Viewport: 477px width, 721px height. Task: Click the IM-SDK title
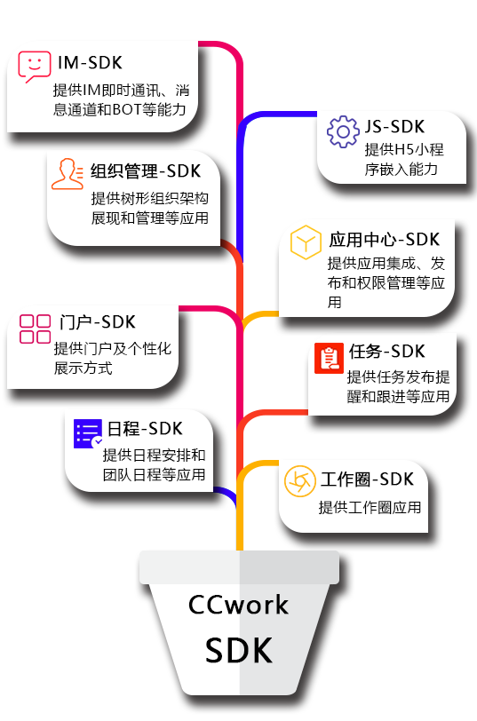coord(90,62)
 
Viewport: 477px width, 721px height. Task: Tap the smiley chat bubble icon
coord(35,67)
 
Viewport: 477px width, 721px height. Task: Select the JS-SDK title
coord(394,126)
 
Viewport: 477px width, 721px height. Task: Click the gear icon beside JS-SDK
coord(343,132)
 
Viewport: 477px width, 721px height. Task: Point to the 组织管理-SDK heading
coord(146,171)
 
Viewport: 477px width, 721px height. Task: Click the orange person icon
coord(68,174)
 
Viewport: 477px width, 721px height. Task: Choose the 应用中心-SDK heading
coord(384,239)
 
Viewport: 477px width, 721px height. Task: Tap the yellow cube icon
coord(306,242)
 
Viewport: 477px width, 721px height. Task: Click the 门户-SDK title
coord(98,322)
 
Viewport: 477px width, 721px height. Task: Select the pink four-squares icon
coord(35,329)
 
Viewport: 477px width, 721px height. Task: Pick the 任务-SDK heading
coord(387,352)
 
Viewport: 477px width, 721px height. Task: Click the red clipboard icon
coord(329,358)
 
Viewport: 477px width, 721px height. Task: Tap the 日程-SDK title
coord(145,429)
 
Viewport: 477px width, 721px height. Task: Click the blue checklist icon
coord(88,433)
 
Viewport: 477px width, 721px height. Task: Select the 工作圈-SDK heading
coord(367,479)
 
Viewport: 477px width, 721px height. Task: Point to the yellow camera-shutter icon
coord(300,481)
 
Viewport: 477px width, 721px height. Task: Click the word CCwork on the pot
coord(238,605)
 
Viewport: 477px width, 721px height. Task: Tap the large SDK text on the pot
coord(239,650)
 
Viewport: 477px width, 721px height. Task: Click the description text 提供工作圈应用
coord(370,507)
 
